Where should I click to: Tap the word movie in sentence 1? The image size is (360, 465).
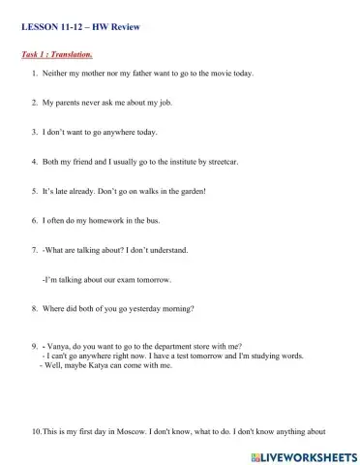click(219, 73)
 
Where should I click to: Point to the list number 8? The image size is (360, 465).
click(35, 309)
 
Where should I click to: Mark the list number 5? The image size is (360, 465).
click(35, 191)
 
